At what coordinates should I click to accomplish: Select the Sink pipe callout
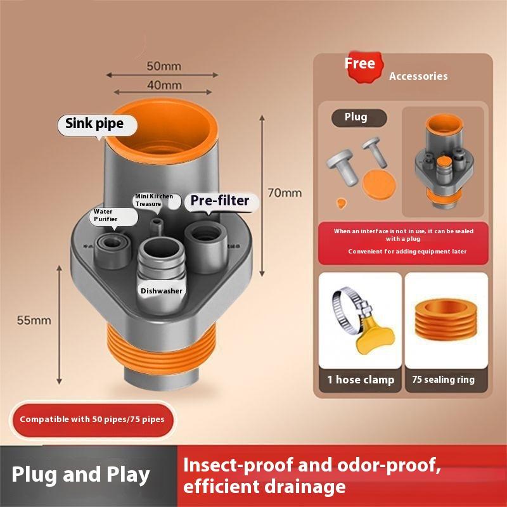[94, 124]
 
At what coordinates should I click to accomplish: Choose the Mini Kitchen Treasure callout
[153, 200]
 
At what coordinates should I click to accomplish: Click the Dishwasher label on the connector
[162, 291]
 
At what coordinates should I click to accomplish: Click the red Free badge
[359, 65]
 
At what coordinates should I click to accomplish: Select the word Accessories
[418, 76]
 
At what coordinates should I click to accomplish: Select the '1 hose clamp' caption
[360, 380]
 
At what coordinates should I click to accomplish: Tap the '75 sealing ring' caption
[443, 380]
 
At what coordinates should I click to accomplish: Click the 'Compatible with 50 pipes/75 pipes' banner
[91, 419]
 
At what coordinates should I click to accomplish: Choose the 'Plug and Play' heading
[80, 475]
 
